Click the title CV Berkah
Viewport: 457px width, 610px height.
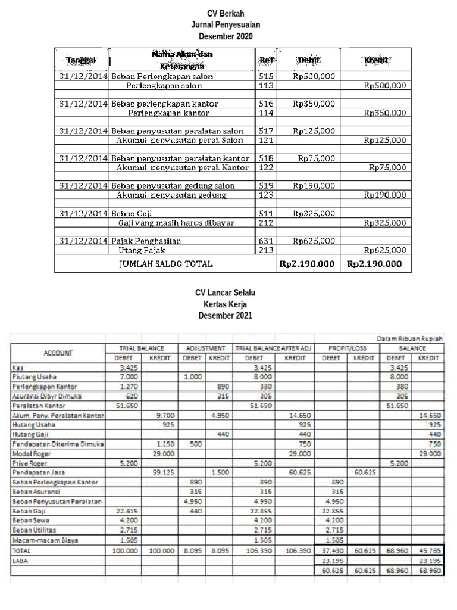click(226, 13)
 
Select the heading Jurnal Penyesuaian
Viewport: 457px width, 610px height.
click(226, 24)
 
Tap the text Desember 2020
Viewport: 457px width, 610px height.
click(226, 36)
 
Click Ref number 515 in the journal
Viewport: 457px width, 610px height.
click(267, 76)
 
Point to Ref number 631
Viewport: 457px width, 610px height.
click(267, 241)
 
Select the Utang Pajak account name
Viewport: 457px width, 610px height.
click(139, 250)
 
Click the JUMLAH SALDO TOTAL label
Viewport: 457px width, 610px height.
click(166, 263)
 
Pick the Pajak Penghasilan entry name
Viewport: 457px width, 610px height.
click(146, 241)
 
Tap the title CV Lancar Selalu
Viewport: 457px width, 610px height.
click(226, 292)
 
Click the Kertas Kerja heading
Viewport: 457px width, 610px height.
click(226, 304)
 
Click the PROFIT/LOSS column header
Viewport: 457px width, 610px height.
click(347, 347)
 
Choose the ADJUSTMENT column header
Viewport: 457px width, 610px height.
click(205, 347)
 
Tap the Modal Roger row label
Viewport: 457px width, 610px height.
click(31, 453)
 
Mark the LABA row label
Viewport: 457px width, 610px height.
click(20, 561)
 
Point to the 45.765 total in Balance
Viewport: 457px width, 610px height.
click(428, 551)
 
